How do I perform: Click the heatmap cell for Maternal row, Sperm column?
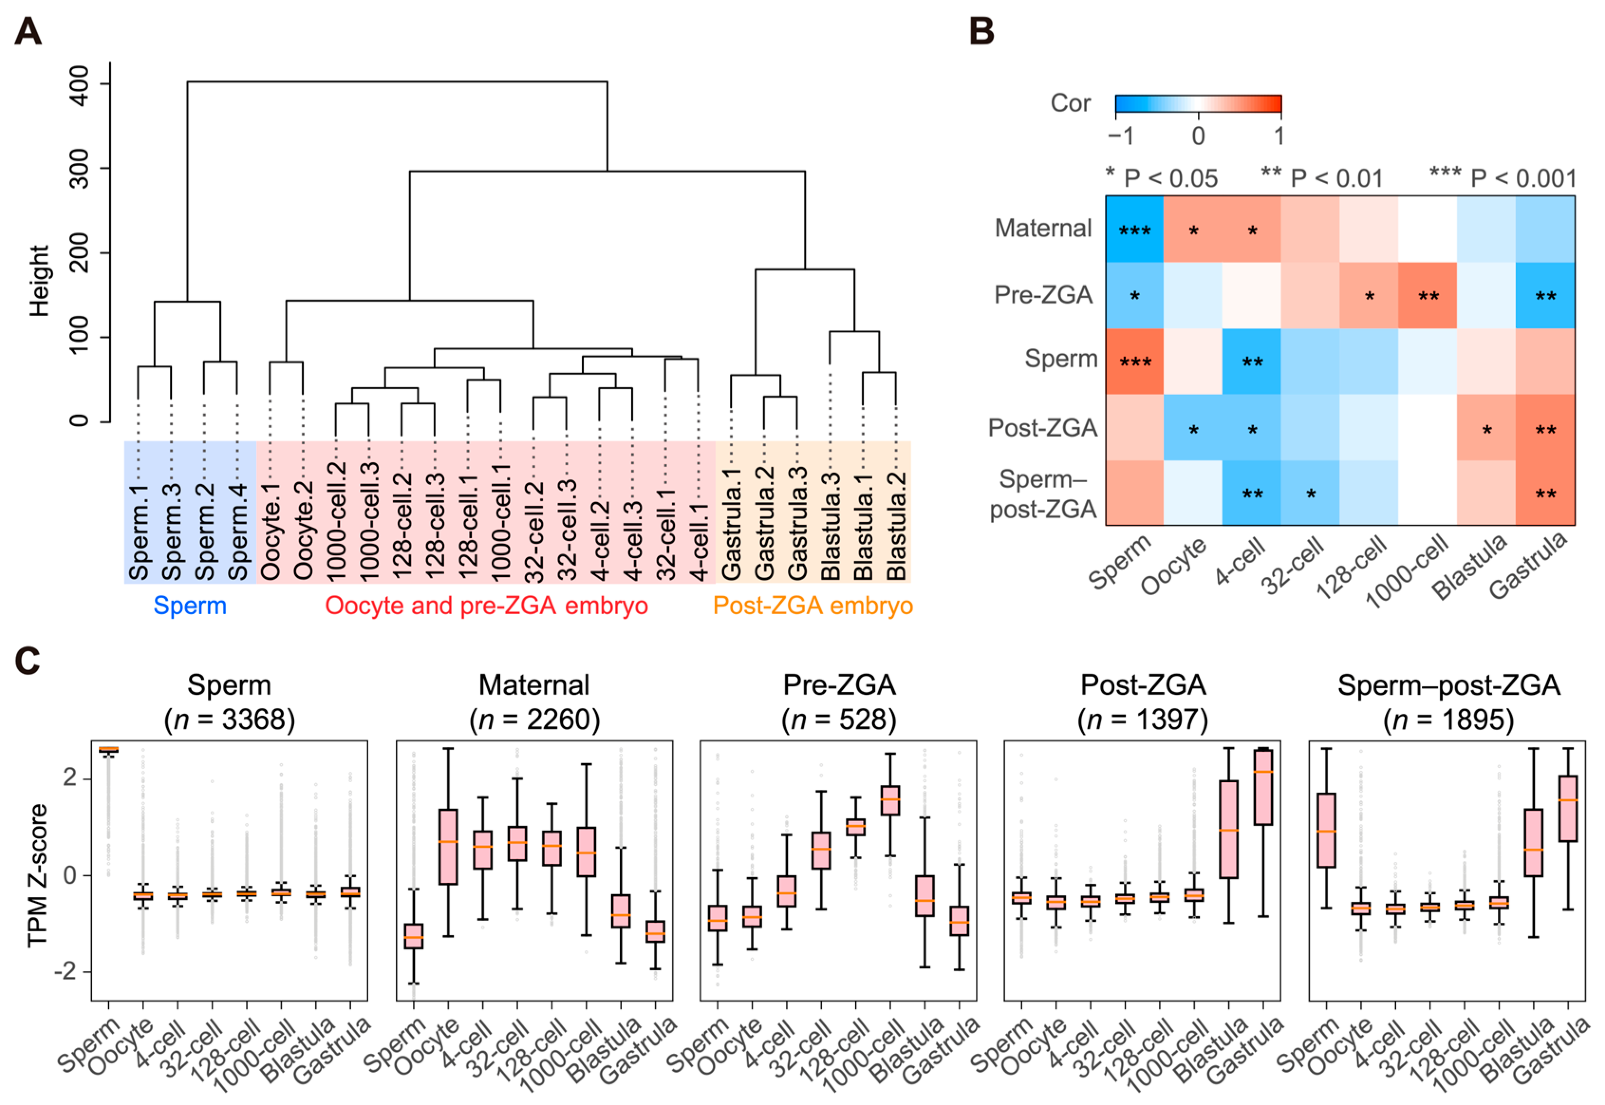(x=1134, y=229)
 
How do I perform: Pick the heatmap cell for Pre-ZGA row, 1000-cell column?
(x=1427, y=296)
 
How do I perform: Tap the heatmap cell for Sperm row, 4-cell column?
(x=1251, y=361)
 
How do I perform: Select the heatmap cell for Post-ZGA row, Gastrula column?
(x=1545, y=428)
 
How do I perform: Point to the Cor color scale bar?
(x=1198, y=104)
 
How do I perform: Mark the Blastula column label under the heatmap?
(x=1470, y=568)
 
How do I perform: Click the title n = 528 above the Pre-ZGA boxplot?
(x=839, y=720)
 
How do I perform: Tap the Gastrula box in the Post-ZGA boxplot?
(x=1263, y=787)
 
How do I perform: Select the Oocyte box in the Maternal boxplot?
(x=448, y=846)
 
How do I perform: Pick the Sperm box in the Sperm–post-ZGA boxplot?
(x=1326, y=830)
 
